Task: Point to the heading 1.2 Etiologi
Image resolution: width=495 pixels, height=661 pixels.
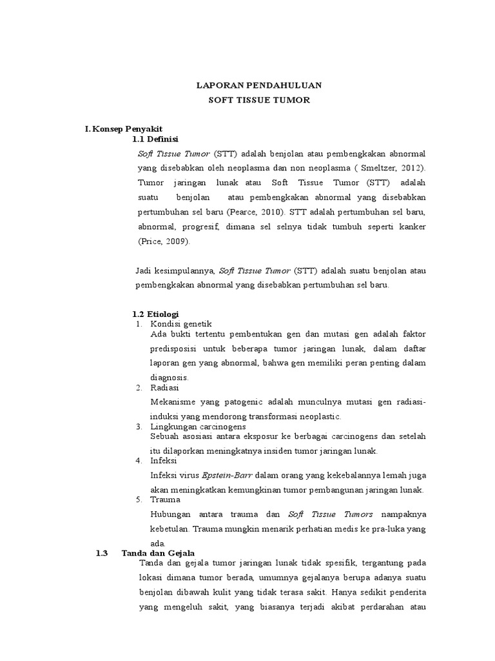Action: pyautogui.click(x=155, y=314)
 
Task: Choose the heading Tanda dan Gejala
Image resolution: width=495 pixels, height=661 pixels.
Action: pyautogui.click(x=157, y=553)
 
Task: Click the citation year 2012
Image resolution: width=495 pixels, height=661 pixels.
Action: pyautogui.click(x=411, y=168)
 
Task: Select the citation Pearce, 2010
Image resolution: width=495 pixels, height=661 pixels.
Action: pyautogui.click(x=252, y=212)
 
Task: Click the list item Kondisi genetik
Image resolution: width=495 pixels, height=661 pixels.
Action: pyautogui.click(x=180, y=323)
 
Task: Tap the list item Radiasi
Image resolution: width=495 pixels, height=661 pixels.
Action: pyautogui.click(x=164, y=388)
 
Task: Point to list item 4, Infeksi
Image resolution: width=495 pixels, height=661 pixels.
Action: pyautogui.click(x=164, y=460)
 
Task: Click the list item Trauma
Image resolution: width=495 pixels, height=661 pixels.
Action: pyautogui.click(x=165, y=499)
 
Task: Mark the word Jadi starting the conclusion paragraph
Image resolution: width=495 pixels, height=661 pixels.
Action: pyautogui.click(x=146, y=270)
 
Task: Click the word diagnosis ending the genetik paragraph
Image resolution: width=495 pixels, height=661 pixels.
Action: pyautogui.click(x=169, y=378)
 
